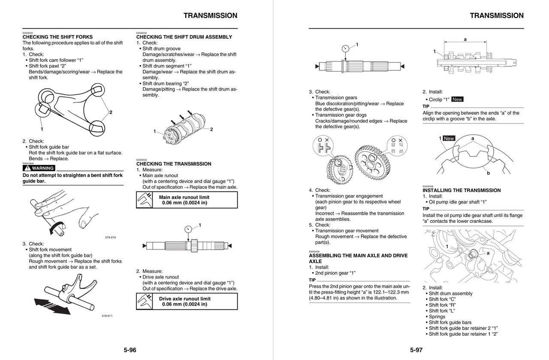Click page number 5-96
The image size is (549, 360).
click(x=130, y=350)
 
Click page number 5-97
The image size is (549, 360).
click(x=416, y=350)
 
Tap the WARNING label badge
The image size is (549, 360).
click(x=39, y=168)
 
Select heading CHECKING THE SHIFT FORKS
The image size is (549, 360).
click(x=57, y=37)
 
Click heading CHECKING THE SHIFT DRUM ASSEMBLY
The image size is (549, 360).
click(x=184, y=37)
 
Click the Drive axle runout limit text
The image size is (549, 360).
click(x=184, y=299)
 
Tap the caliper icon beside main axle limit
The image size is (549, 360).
click(x=145, y=200)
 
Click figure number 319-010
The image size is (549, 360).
click(x=110, y=237)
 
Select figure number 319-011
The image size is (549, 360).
click(x=107, y=316)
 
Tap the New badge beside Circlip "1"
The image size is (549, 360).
click(x=457, y=99)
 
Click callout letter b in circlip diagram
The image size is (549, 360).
click(x=488, y=173)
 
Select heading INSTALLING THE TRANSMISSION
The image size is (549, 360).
click(x=462, y=190)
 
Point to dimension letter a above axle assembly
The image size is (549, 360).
click(x=465, y=39)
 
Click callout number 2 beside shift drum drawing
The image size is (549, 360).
click(x=211, y=129)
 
